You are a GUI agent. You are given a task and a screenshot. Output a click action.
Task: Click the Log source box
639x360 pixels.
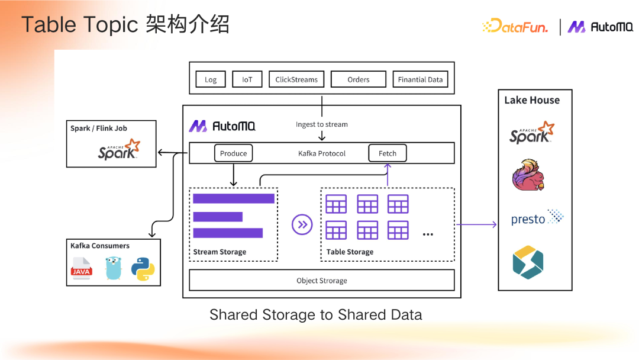pos(211,79)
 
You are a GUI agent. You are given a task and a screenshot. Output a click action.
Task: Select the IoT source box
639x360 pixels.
pos(247,79)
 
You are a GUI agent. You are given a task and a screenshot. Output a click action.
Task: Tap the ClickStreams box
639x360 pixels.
pos(296,79)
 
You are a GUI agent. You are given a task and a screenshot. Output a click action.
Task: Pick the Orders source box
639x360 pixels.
pos(358,79)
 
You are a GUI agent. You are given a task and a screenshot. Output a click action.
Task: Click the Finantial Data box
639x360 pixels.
pos(420,79)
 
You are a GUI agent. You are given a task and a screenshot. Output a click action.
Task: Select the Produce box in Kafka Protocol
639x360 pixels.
pos(233,153)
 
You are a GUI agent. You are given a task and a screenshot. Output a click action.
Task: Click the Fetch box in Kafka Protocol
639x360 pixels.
pos(388,153)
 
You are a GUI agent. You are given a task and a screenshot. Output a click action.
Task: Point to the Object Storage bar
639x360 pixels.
pos(321,280)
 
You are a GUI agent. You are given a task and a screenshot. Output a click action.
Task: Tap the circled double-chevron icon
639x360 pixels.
pos(302,224)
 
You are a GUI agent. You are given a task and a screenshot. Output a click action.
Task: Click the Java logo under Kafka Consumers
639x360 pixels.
pos(82,268)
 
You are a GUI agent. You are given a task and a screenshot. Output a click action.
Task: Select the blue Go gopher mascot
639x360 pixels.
pos(112,268)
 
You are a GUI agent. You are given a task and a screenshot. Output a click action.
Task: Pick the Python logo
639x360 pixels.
pos(143,268)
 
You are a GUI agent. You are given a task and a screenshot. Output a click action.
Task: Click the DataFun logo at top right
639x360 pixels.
pos(515,26)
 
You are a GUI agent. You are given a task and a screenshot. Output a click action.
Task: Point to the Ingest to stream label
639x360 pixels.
pos(321,124)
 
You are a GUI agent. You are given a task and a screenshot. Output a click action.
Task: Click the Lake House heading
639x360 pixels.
pos(531,100)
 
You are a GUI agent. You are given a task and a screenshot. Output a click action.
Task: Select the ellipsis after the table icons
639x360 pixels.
pos(428,234)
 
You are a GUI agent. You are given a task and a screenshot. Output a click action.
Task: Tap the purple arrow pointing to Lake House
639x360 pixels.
pos(476,224)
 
